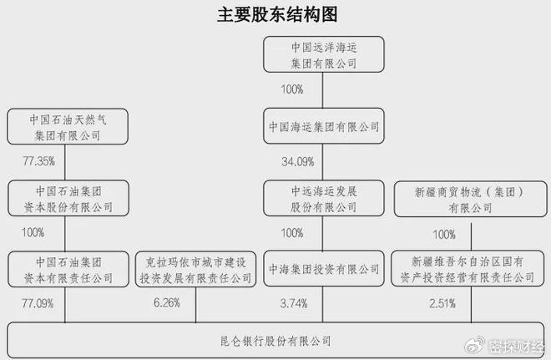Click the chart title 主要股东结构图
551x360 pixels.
point(277,14)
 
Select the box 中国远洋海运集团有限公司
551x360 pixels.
point(324,54)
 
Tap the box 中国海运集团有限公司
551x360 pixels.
point(324,126)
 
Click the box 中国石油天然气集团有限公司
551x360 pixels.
point(68,127)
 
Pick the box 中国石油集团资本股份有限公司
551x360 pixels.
point(68,198)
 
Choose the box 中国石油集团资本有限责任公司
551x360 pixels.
point(68,269)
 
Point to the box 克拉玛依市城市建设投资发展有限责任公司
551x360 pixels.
point(195,269)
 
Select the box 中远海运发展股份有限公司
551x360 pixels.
point(324,198)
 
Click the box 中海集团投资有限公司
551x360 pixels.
point(324,269)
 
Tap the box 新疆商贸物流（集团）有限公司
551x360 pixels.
point(471,199)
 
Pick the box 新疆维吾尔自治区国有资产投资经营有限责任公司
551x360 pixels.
point(468,269)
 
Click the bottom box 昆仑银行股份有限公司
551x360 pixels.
point(275,340)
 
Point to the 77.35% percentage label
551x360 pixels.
point(38,161)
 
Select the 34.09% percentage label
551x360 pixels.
point(298,162)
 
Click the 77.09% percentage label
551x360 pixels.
point(38,303)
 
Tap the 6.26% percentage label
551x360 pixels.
point(167,302)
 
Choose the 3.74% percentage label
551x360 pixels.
point(294,303)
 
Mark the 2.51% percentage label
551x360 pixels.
point(442,303)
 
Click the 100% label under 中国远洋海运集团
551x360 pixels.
point(292,89)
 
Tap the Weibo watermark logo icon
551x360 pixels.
point(475,346)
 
